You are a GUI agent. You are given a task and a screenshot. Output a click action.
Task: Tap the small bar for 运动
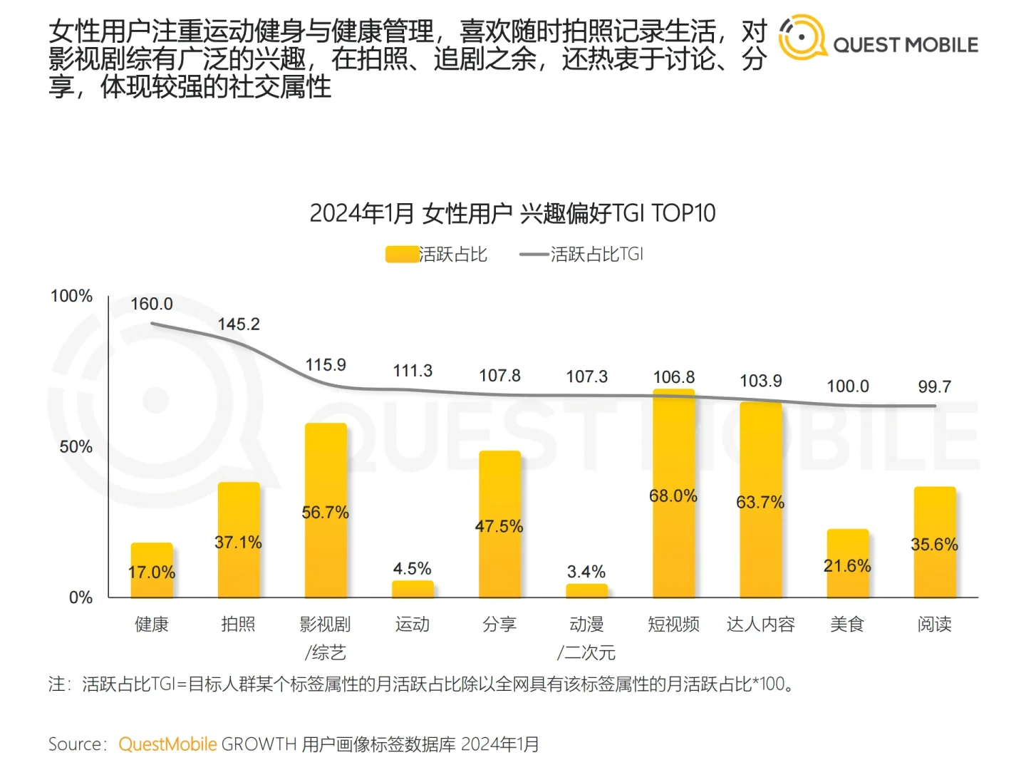click(413, 589)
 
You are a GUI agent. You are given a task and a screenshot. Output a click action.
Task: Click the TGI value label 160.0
click(152, 304)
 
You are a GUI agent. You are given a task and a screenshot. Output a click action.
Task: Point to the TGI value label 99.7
click(934, 386)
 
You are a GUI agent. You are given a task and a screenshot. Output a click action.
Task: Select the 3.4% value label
click(586, 572)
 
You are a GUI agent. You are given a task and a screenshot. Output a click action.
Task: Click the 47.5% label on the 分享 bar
click(499, 526)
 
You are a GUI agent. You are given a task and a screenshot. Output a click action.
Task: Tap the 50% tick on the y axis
click(76, 447)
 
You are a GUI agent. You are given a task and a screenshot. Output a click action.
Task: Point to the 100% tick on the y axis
click(72, 296)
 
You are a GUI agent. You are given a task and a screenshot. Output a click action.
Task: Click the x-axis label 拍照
click(238, 625)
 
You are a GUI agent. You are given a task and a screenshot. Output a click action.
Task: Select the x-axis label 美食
click(847, 625)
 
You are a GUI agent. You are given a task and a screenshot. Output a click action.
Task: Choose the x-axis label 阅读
click(934, 625)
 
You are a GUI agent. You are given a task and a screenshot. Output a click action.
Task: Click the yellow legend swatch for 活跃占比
click(402, 255)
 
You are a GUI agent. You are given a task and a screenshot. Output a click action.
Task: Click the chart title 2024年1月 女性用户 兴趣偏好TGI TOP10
click(512, 213)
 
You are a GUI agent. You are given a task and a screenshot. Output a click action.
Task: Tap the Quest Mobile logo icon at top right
click(802, 37)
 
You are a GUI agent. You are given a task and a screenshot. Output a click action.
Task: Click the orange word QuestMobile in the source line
click(167, 744)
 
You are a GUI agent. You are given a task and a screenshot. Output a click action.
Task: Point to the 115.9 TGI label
click(326, 365)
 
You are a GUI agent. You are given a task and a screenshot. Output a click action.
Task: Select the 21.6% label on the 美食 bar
click(847, 566)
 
